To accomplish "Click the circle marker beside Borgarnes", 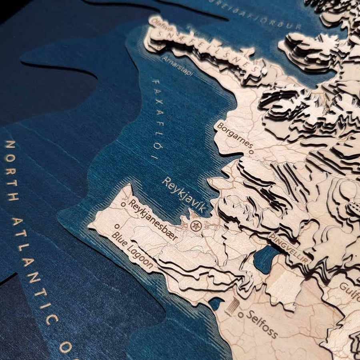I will [251, 152].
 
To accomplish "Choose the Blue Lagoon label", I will [132, 250].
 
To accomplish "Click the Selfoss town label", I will [262, 324].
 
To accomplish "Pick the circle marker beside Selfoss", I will [240, 315].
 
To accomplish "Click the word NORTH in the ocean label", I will [11, 170].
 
